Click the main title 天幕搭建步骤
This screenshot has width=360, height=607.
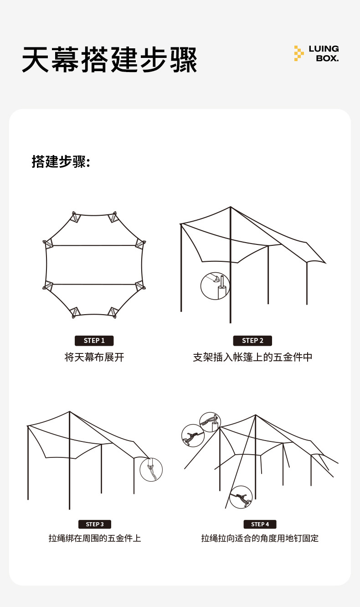[109, 59]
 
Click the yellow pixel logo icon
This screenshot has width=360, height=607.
[298, 53]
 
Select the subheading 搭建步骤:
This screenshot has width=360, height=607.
[61, 161]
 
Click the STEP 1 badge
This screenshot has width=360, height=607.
[94, 341]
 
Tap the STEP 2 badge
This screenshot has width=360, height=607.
[252, 341]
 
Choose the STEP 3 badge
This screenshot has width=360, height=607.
[95, 524]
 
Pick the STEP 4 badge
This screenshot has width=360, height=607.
[260, 524]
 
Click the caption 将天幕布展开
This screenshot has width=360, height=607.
[94, 357]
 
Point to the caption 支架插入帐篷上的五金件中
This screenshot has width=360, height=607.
[252, 357]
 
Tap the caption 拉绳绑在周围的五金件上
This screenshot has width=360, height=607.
[95, 538]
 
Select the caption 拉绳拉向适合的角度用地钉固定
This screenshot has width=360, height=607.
[260, 538]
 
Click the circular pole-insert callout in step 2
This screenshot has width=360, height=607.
[215, 286]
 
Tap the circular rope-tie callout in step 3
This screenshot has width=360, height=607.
[151, 469]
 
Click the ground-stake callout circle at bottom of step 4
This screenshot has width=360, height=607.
[241, 497]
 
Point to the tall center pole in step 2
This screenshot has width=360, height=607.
[231, 274]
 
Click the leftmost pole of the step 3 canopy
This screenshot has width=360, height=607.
[28, 465]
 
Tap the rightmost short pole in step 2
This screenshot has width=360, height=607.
[307, 283]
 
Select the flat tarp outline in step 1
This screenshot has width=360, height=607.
[94, 265]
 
